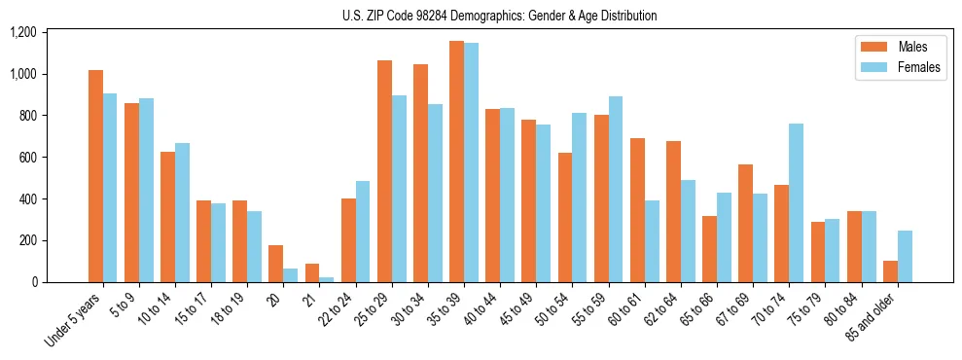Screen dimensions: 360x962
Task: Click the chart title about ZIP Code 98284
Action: [499, 16]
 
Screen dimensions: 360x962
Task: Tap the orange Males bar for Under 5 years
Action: [95, 176]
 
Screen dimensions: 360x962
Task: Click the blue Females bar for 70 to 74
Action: [796, 202]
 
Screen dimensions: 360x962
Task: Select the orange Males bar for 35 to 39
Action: [456, 162]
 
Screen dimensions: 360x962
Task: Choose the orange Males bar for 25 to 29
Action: [384, 171]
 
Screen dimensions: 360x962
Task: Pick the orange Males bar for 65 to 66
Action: [709, 249]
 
